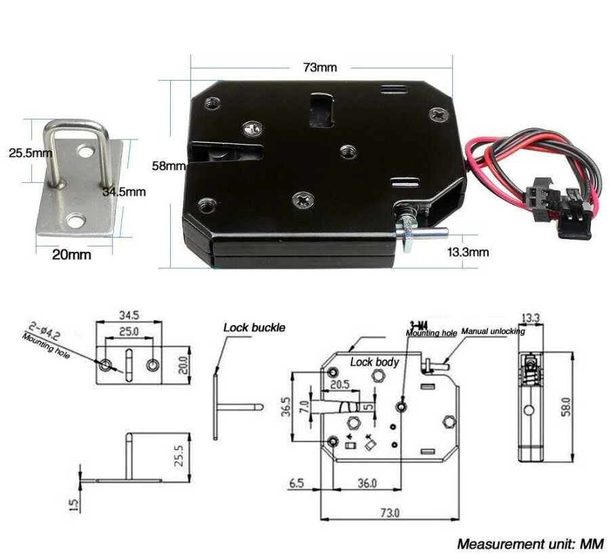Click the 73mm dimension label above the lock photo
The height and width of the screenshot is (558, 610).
click(319, 67)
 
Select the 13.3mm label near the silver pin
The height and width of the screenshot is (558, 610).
click(468, 252)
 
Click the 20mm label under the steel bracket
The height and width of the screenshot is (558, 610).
click(72, 255)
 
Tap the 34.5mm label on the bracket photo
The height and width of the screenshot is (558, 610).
click(124, 192)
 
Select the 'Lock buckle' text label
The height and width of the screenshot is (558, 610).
click(254, 328)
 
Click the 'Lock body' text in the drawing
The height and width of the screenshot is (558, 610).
click(375, 362)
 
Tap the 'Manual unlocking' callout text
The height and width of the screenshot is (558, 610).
click(493, 332)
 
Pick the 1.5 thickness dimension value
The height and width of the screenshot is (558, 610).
click(75, 505)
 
